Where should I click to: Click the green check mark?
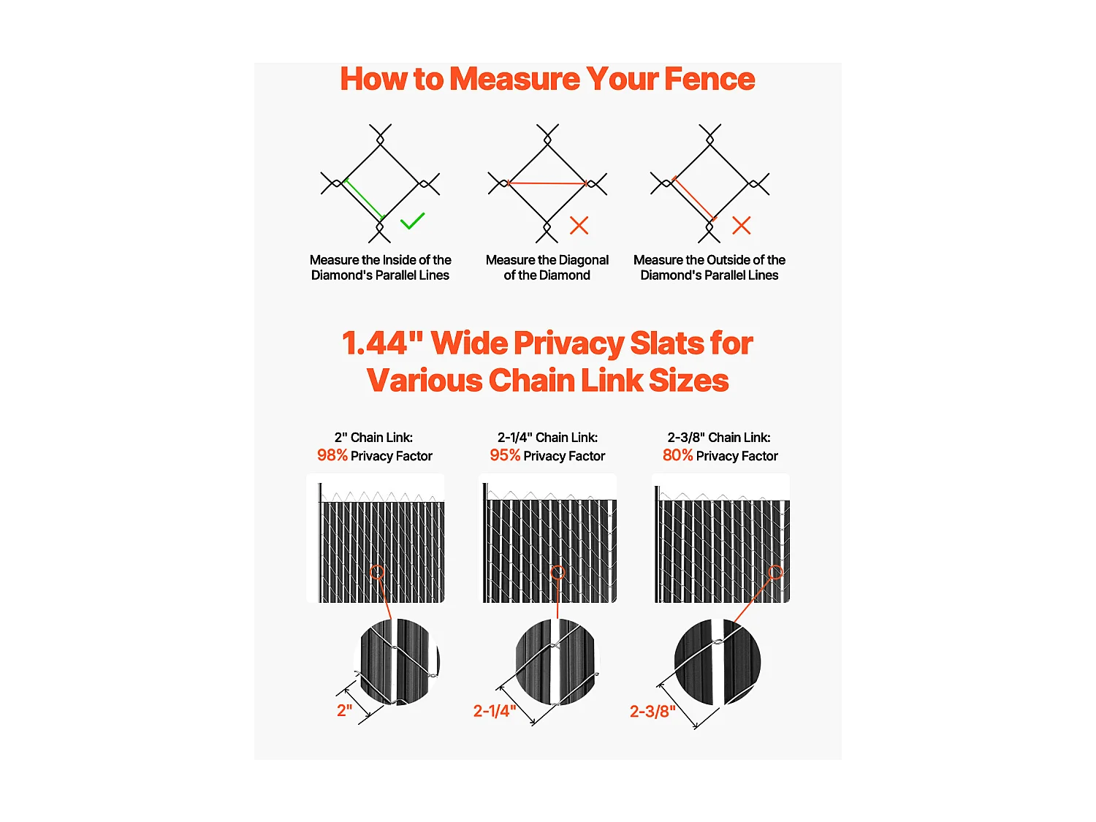coord(412,221)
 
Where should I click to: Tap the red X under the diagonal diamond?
coord(579,225)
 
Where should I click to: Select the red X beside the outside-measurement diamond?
coord(741,225)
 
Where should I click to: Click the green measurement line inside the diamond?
coord(363,199)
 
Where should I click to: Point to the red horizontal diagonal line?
coord(547,183)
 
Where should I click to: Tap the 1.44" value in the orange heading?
coord(382,343)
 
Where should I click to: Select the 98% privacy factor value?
coord(332,455)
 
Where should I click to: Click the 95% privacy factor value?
coord(505,455)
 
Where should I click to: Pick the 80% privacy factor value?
coord(677,455)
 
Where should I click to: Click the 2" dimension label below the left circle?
coord(344,710)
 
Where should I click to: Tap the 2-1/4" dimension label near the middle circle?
coord(495,711)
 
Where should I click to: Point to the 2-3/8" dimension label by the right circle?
coord(652,712)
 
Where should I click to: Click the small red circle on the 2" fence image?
coord(377,572)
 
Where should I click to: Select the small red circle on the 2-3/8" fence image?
coord(776,572)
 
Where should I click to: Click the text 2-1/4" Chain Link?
coord(547,437)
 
